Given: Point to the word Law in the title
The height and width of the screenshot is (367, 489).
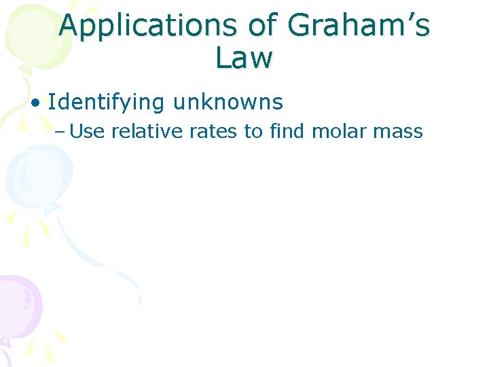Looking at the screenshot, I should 244,58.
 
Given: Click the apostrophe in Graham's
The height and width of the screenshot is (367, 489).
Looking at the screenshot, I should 407,19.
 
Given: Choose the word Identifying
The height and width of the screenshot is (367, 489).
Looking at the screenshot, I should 107,103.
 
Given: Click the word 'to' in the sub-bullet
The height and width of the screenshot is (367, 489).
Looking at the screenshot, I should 253,131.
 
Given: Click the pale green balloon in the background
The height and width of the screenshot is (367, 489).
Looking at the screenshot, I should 27,34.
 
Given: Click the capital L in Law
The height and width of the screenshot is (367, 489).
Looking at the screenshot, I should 223,58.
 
